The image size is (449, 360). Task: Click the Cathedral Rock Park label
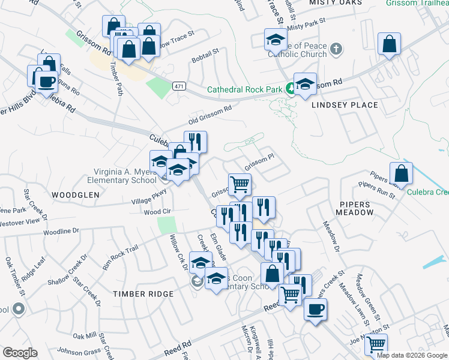(x=244, y=90)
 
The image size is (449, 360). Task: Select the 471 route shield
(x=179, y=86)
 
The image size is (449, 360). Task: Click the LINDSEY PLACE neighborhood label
(x=345, y=105)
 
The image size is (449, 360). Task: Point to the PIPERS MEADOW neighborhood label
(x=354, y=208)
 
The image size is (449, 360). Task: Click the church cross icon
(x=337, y=49)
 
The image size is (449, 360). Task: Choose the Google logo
(x=20, y=353)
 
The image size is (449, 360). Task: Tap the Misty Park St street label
(x=306, y=24)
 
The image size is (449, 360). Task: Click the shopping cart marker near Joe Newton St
(x=376, y=344)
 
